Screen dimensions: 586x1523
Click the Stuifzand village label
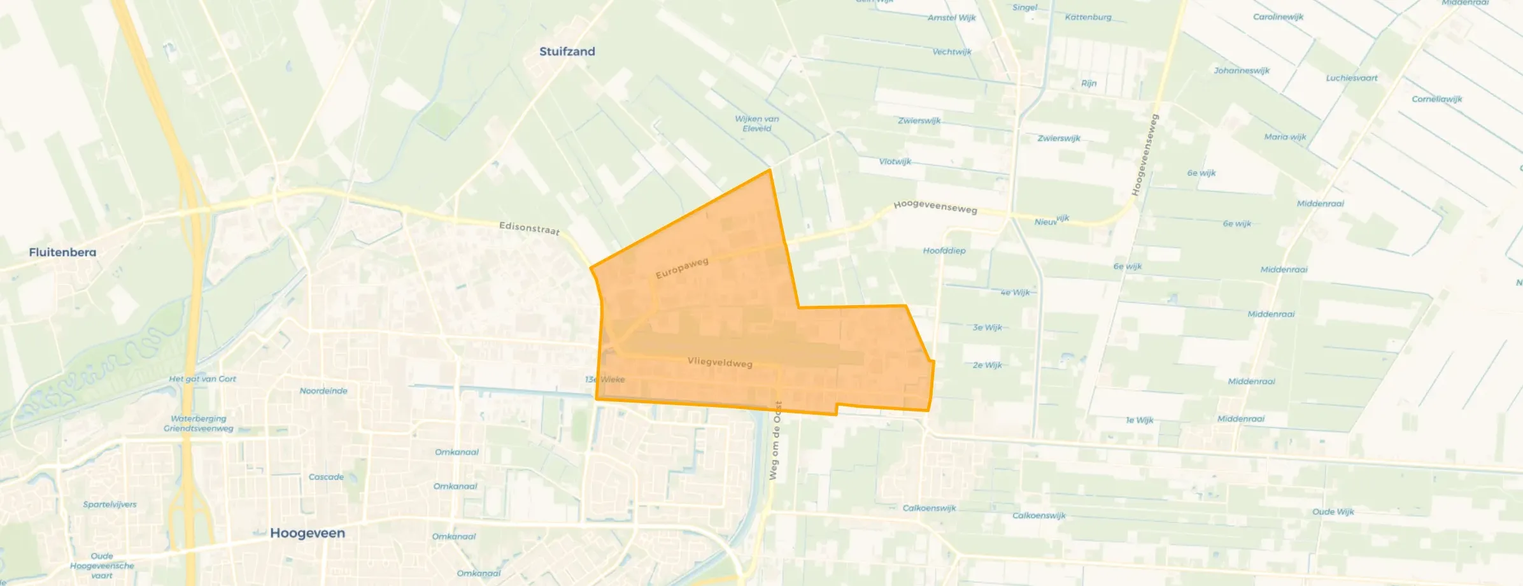pos(567,52)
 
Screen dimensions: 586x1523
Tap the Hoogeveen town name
pos(308,533)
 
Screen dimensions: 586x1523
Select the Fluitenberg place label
pos(62,252)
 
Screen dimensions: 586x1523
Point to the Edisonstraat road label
pos(529,228)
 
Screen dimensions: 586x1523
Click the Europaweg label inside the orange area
pos(682,268)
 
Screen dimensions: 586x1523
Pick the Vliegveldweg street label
pos(719,362)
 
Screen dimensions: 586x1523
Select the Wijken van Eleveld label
pos(756,124)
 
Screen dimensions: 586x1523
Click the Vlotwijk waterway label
pos(895,162)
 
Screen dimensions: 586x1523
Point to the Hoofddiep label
pos(944,251)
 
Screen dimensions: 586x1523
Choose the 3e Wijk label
pos(987,327)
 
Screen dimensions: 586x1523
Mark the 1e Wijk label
pos(1139,420)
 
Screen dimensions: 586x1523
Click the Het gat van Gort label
pos(202,379)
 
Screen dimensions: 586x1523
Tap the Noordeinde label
pos(323,391)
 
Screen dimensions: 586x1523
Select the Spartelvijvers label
pos(110,504)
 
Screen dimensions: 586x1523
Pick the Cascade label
pos(326,477)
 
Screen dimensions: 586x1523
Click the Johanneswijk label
pos(1241,71)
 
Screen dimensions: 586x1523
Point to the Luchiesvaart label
pos(1351,78)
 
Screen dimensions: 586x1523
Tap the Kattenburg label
pos(1087,17)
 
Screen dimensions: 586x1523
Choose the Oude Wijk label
pos(1333,512)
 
